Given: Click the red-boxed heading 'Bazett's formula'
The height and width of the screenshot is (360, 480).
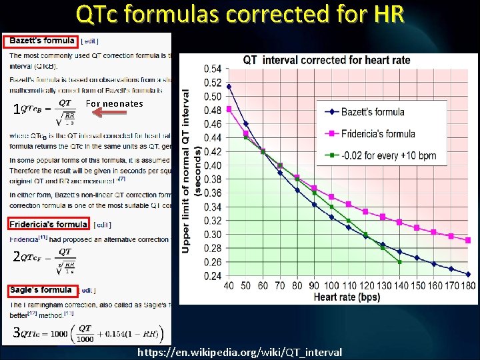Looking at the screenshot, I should [41, 41].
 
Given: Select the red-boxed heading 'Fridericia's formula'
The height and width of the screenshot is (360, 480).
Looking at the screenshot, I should [49, 224].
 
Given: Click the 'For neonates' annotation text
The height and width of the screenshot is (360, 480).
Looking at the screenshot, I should [114, 103].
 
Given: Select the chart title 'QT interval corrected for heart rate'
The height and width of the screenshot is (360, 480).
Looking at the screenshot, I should [327, 60].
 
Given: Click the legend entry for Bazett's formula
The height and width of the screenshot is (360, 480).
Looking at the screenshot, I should [373, 112].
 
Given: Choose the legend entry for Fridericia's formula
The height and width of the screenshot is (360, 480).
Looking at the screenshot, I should [377, 134].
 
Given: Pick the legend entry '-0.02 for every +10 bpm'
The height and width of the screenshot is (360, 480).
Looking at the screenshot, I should [389, 155].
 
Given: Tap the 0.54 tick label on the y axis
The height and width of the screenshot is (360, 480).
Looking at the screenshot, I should [213, 68].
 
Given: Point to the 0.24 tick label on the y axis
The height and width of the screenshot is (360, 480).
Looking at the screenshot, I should [213, 275].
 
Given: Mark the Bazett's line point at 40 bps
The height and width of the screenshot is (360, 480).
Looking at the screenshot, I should [229, 86].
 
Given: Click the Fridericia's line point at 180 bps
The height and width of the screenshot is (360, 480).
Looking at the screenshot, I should [467, 240].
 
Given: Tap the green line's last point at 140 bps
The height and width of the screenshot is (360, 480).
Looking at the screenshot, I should [399, 261].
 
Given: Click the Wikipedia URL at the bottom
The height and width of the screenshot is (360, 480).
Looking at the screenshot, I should [239, 352].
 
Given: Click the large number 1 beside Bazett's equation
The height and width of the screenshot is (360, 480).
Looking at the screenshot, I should [16, 111].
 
